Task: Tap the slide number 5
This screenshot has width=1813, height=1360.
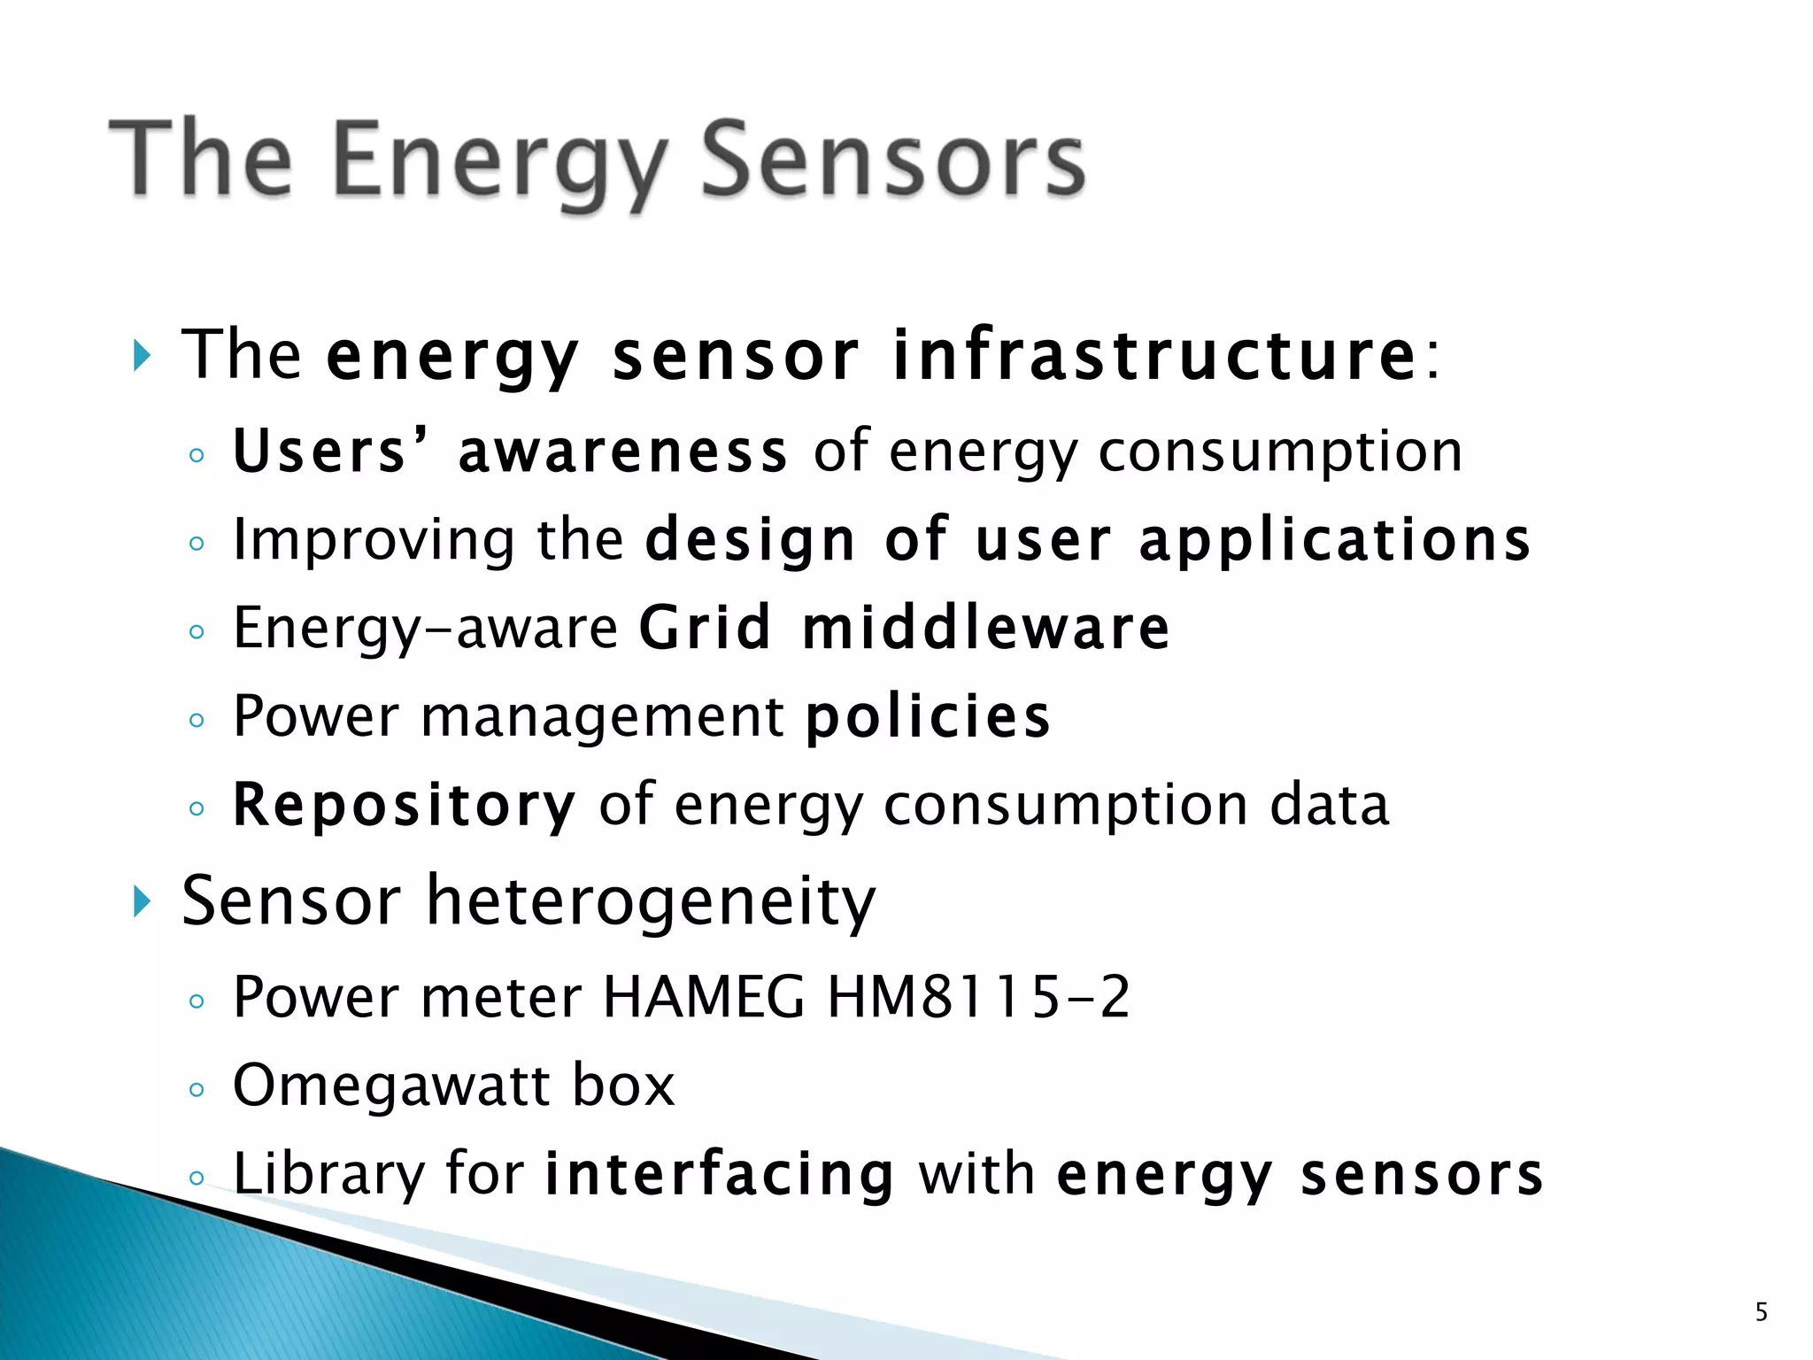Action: pos(1761,1311)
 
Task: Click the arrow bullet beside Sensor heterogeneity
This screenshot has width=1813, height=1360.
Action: pos(142,902)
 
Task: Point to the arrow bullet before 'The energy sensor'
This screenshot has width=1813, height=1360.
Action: pos(142,356)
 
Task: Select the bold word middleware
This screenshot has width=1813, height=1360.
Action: pos(985,629)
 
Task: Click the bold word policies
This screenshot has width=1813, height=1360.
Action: pos(928,716)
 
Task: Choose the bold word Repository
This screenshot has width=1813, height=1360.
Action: pos(404,806)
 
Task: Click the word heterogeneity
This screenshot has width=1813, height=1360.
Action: pos(651,902)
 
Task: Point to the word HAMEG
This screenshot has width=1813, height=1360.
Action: pos(703,997)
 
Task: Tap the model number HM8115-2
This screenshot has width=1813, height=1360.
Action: pos(978,997)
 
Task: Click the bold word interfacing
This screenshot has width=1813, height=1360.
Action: pos(719,1174)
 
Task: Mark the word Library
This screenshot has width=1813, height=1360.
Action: pos(328,1174)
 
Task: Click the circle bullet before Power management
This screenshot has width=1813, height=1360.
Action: pos(197,720)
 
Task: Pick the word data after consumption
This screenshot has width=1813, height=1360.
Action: pos(1330,806)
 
